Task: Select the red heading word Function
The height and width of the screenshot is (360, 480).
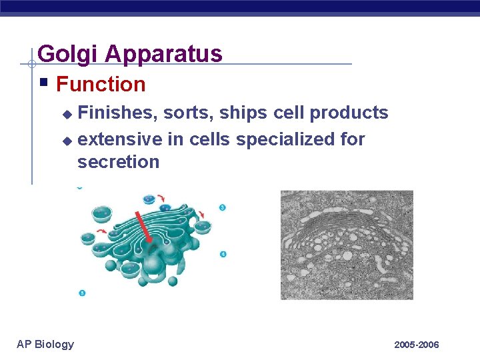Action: [x=101, y=85]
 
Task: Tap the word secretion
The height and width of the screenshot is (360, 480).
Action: [x=118, y=162]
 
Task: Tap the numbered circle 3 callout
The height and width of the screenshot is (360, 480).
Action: [x=222, y=207]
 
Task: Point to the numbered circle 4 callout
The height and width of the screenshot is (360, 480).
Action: [x=222, y=254]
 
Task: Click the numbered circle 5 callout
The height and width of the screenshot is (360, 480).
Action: [x=82, y=293]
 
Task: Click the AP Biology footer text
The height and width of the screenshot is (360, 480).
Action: [x=45, y=344]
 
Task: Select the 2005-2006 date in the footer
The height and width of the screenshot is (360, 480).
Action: [x=417, y=345]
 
